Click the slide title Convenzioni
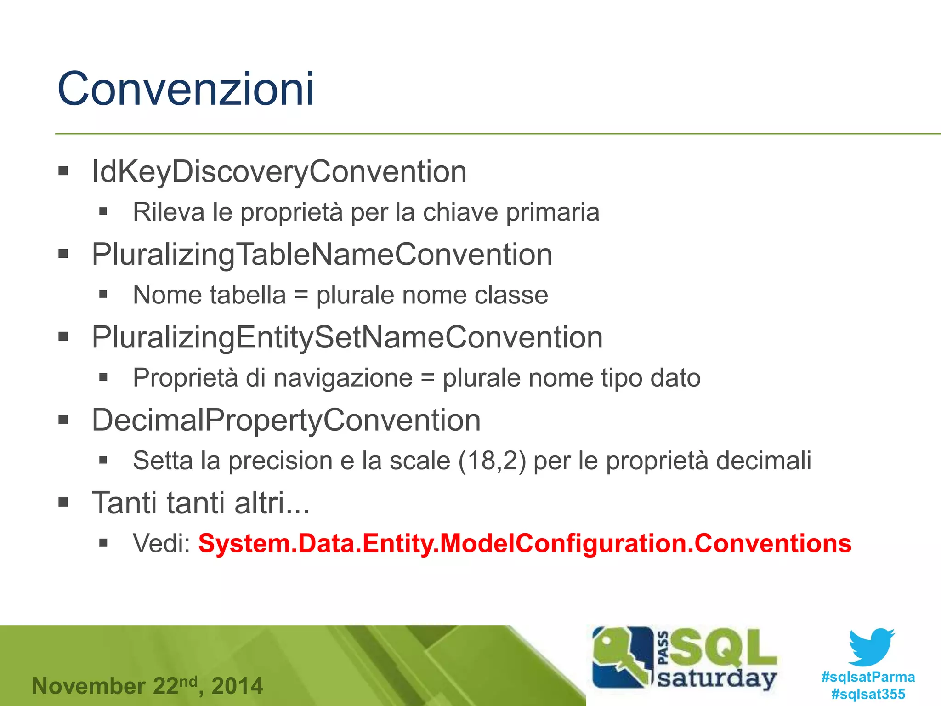tap(186, 89)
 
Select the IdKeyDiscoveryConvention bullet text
tap(279, 171)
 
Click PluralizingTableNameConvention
tap(322, 254)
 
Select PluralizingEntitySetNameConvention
tap(347, 337)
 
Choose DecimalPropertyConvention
tap(286, 420)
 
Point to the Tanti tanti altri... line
tap(201, 502)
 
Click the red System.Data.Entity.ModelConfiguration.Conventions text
tap(524, 543)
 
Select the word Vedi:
tap(162, 543)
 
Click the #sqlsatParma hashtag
tap(867, 677)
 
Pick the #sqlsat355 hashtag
tap(867, 694)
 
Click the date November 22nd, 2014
tap(147, 686)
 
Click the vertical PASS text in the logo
tap(663, 648)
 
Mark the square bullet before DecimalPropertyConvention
tap(63, 419)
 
